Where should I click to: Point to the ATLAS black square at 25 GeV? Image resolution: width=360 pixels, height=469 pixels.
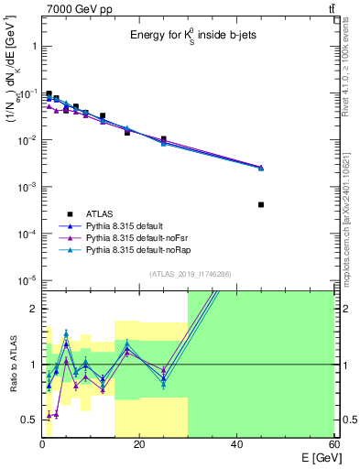(x=163, y=139)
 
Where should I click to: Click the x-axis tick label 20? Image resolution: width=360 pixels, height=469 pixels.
(x=139, y=444)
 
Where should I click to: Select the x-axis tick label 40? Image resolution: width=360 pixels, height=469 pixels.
(x=236, y=444)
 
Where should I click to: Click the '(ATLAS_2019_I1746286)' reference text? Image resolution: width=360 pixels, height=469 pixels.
(x=189, y=274)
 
